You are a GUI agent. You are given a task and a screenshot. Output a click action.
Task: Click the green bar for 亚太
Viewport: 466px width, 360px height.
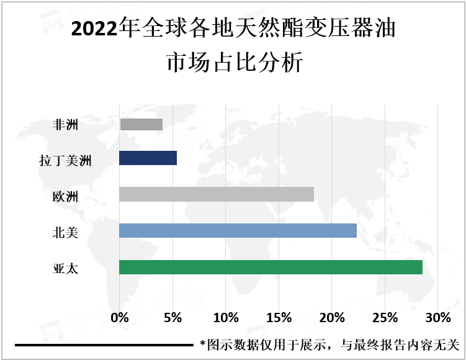point(271,268)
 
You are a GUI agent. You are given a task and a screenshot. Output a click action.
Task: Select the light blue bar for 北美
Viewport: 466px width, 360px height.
point(238,231)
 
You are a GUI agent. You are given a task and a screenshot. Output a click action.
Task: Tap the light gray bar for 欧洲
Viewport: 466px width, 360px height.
point(216,194)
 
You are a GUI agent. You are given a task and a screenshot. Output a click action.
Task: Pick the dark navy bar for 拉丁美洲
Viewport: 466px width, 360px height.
point(148,158)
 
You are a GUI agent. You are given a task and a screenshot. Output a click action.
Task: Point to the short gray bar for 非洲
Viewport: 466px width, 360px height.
point(141,125)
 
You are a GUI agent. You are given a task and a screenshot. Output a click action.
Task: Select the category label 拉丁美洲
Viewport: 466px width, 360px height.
point(65,162)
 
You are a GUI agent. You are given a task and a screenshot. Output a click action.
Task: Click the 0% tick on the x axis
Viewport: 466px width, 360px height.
point(119,318)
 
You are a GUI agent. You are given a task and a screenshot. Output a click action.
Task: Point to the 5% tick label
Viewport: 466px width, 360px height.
point(173,318)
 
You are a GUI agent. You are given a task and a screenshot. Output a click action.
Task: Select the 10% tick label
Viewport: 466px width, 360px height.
point(226,318)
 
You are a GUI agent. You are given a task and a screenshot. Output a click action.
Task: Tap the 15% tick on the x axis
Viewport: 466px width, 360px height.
point(279,318)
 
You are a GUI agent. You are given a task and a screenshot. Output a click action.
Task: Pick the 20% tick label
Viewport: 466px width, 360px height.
point(332,318)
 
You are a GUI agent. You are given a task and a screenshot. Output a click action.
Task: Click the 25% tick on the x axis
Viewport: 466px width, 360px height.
point(385,318)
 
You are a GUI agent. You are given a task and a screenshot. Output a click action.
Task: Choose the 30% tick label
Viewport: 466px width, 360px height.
point(438,318)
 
